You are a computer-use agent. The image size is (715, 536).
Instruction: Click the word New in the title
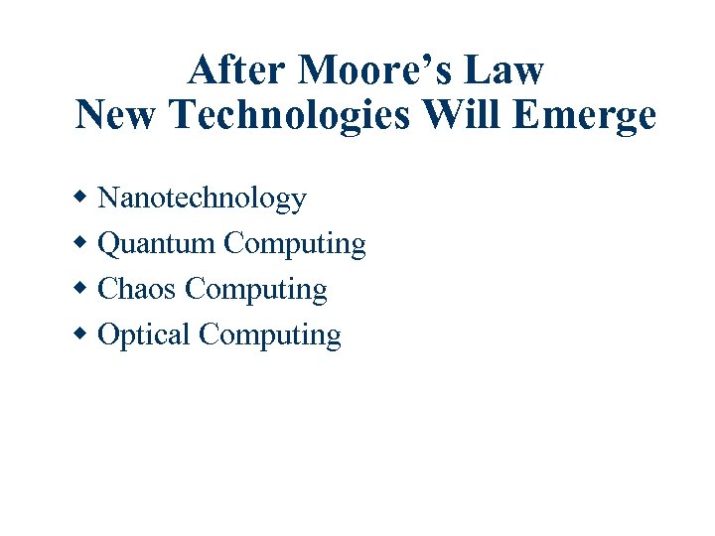pos(117,116)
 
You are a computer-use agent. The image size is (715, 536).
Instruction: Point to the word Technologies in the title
pos(289,116)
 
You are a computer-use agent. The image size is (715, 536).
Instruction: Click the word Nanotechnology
pos(203,199)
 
